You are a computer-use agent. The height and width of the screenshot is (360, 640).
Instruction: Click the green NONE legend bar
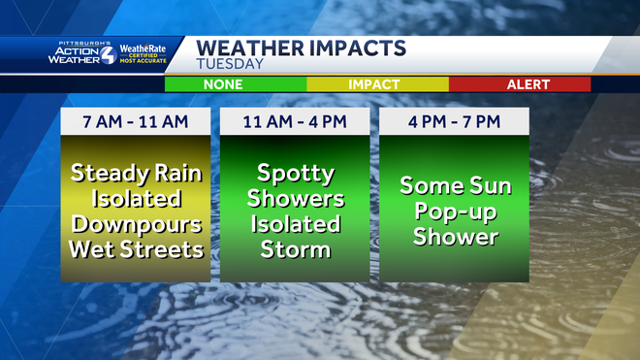coord(236,84)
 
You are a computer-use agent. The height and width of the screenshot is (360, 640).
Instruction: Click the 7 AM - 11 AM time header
coord(135,121)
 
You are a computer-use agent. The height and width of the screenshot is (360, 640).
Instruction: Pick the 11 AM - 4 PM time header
coord(295,121)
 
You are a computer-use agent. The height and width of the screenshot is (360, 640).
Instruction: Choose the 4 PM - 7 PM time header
coord(454,121)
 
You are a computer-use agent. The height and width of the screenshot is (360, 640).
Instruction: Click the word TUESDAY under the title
coord(230,64)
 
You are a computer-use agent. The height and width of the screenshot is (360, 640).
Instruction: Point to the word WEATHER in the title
coord(246,48)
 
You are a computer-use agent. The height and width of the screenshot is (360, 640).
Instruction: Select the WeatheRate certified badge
coord(144,52)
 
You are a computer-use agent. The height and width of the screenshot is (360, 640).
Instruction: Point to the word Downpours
coord(135,224)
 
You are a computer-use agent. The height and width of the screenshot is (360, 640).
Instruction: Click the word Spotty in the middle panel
coord(295,175)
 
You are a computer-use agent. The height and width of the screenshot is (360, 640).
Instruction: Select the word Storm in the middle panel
coord(295,249)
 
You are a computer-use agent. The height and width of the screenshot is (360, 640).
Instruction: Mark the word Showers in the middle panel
coord(295,199)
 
